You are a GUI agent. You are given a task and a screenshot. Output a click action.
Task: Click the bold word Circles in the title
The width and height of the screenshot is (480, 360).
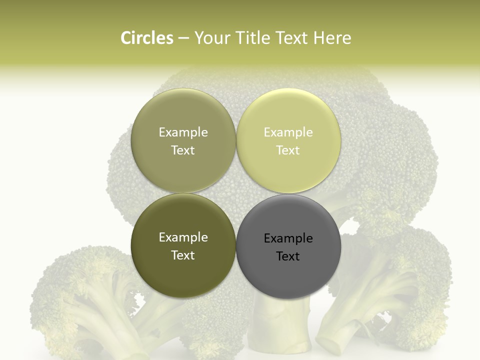[x=146, y=38]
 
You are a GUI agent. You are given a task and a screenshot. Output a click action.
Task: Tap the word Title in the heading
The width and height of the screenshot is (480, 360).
[x=250, y=38]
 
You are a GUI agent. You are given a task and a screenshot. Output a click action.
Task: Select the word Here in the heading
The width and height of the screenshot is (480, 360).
[x=332, y=38]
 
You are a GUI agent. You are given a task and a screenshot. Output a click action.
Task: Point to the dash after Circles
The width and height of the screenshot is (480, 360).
[x=183, y=39]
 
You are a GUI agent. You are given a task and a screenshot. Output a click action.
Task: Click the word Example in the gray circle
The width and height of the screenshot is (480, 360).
[x=288, y=238]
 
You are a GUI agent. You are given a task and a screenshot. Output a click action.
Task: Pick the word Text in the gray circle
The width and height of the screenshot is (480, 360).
[x=288, y=256]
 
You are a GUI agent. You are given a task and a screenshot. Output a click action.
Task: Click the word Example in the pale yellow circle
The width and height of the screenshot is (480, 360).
[x=288, y=132]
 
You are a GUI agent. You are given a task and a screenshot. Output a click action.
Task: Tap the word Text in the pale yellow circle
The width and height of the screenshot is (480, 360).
[x=288, y=150]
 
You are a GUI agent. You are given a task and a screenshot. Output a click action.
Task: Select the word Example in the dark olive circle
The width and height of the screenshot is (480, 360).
[x=183, y=237]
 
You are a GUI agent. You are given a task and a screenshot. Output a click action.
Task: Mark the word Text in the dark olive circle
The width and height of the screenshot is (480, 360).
[x=183, y=255]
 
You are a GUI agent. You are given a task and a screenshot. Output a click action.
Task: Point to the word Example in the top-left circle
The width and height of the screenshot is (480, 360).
[x=183, y=132]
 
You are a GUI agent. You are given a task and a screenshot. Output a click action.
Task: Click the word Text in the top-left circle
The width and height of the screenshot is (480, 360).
[x=183, y=150]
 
